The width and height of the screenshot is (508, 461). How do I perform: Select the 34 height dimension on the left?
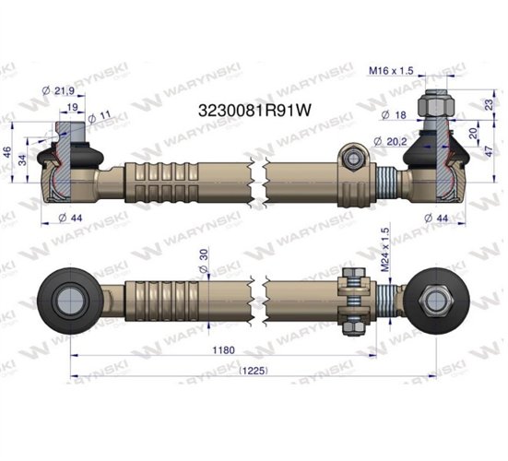pyautogui.click(x=26, y=159)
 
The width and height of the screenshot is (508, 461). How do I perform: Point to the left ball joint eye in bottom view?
pyautogui.click(x=70, y=300)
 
